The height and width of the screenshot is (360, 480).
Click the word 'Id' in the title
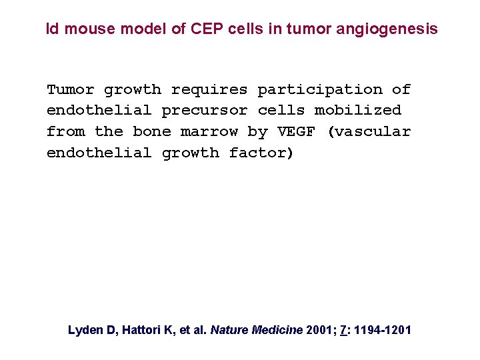(51, 29)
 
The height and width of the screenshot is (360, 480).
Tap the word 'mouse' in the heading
(82, 29)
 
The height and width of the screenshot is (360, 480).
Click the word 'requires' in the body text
(209, 89)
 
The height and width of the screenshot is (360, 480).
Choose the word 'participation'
(320, 89)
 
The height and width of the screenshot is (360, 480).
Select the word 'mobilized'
(358, 110)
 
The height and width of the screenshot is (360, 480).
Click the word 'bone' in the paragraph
(151, 131)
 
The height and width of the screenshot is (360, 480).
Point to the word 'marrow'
(209, 131)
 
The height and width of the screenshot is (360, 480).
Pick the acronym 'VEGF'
(296, 131)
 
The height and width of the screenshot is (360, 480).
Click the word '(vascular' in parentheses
(369, 131)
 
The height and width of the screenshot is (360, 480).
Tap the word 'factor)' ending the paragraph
(261, 153)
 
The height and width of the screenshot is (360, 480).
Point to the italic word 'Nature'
(229, 329)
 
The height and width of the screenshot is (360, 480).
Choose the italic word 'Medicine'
(277, 329)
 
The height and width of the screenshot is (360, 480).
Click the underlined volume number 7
(343, 329)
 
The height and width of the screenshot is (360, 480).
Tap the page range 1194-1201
(382, 329)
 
